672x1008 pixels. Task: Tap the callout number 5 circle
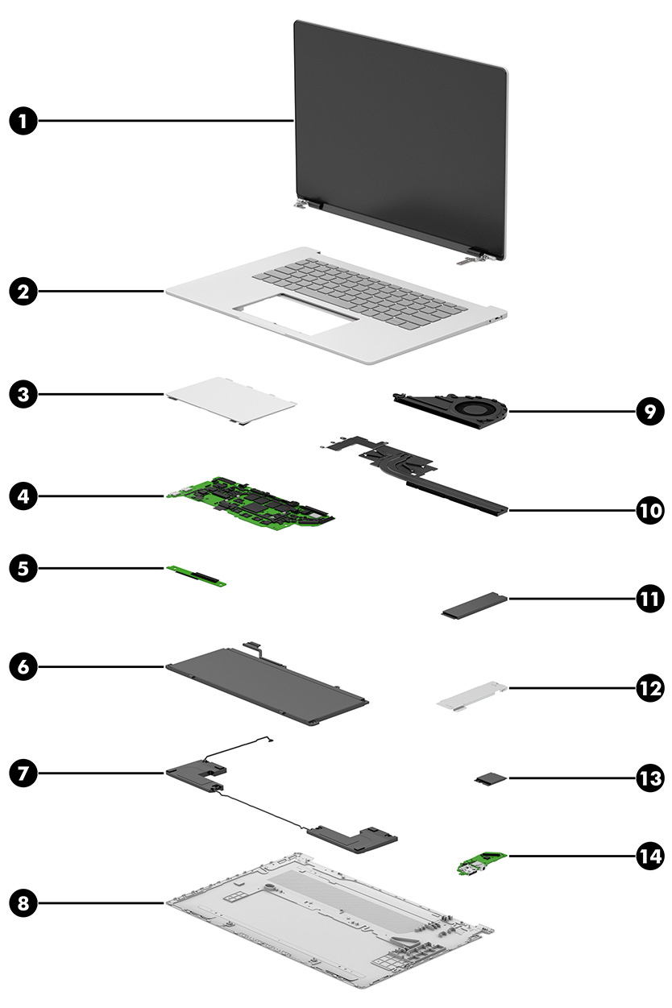[24, 568]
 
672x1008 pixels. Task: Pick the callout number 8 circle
[24, 903]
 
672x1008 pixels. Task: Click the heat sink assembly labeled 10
[419, 475]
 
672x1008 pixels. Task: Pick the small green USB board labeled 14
[476, 865]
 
